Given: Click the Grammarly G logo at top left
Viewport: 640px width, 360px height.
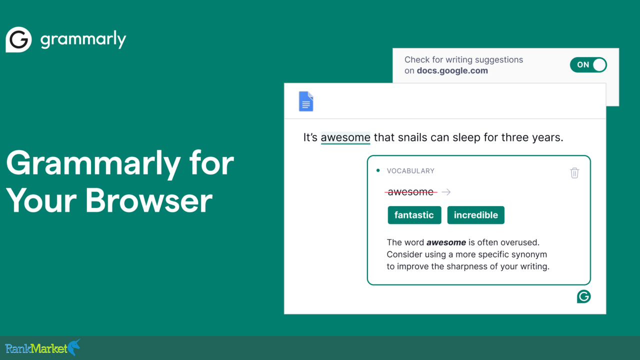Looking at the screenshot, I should point(18,39).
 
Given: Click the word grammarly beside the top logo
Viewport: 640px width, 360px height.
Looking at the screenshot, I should point(83,39).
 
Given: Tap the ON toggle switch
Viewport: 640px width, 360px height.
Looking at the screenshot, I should point(588,64).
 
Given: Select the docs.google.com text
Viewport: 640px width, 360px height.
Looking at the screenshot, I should point(452,70).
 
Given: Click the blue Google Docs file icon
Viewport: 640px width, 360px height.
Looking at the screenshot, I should point(306,101).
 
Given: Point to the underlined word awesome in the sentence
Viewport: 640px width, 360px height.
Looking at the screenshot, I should point(345,137).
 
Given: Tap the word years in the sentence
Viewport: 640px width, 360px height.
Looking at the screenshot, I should point(547,137).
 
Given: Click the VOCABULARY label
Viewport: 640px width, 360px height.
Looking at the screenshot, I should point(410,171).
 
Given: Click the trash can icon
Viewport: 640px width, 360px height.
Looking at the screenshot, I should point(574,173).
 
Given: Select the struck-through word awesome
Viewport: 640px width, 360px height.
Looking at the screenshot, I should point(410,192).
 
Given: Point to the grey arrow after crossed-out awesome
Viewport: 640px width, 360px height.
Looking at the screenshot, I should point(446,192).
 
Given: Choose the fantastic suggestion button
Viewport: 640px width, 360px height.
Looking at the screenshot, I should point(414,215).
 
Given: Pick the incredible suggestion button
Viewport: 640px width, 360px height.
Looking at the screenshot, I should point(475,215).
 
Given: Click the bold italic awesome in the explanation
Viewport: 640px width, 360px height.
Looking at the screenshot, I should point(446,242).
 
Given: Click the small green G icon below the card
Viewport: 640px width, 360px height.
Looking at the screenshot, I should point(583,296).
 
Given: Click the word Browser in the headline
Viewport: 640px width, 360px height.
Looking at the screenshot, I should point(149,200).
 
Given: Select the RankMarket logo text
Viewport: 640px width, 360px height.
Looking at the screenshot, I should point(36,348).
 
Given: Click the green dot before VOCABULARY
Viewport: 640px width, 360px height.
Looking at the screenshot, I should point(378,170).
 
